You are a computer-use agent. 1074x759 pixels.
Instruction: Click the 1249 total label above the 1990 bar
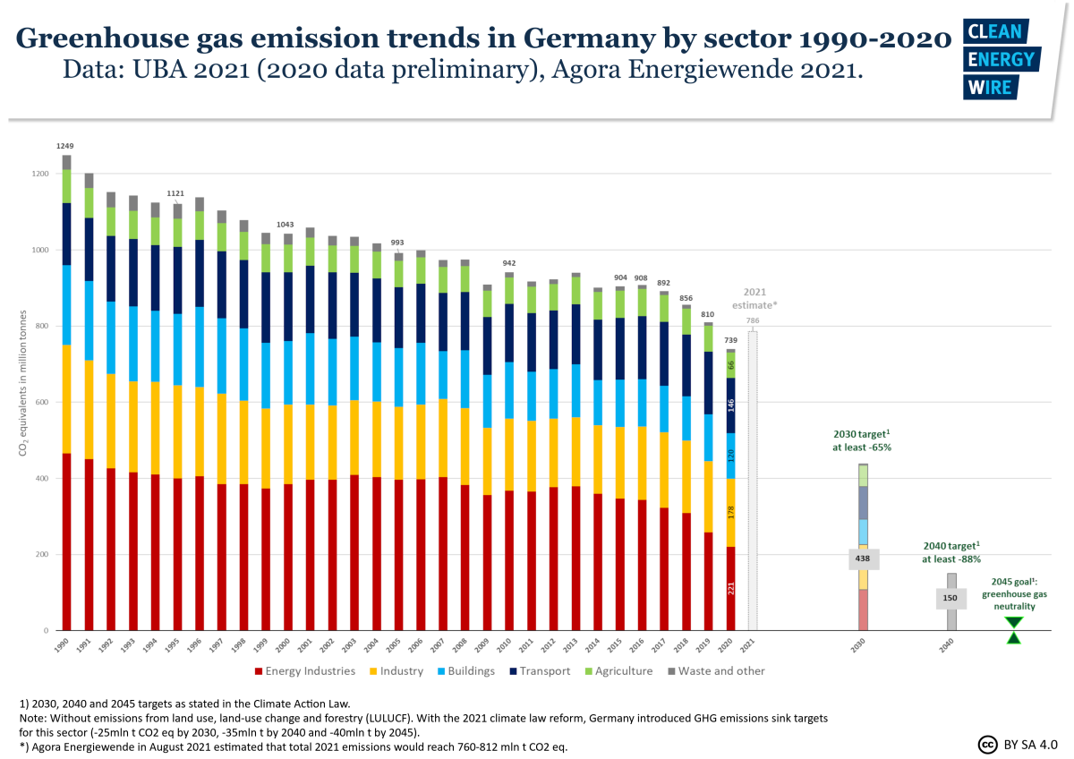coord(66,145)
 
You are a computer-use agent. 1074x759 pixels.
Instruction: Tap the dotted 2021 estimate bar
coord(753,483)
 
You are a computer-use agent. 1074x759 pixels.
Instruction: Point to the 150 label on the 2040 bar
coord(950,598)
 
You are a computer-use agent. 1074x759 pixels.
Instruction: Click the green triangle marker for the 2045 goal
coord(1013,630)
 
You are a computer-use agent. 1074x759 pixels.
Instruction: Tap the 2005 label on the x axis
coord(393,647)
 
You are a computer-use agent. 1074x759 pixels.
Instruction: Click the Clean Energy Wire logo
coord(1000,59)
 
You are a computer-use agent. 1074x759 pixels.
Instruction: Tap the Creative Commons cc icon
coord(988,744)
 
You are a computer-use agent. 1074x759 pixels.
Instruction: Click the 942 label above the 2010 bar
coord(508,263)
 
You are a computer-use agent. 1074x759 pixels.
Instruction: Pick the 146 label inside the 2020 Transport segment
coord(730,405)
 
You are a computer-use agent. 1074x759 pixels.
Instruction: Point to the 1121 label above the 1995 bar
coord(176,193)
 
